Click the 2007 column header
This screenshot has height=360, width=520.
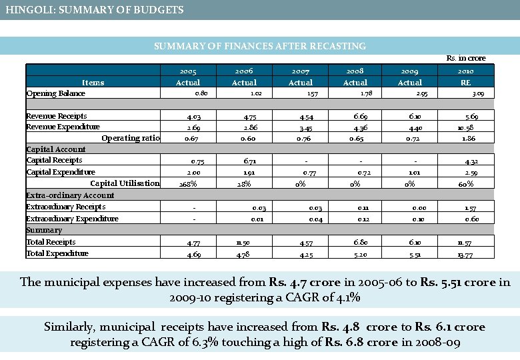click(300, 71)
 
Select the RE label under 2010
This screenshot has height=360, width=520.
click(465, 83)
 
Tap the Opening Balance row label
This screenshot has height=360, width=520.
click(55, 93)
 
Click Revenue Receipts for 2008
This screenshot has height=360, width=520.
click(355, 116)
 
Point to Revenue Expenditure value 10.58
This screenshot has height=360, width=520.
click(465, 127)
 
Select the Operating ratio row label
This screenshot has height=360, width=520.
click(131, 138)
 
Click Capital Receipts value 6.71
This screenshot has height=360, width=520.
click(244, 161)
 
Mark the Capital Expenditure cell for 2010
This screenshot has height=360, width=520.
click(466, 173)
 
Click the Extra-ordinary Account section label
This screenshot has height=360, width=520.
click(70, 195)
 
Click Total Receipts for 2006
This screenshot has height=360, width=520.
click(242, 242)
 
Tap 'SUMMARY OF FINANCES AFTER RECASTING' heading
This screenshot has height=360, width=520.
click(260, 46)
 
